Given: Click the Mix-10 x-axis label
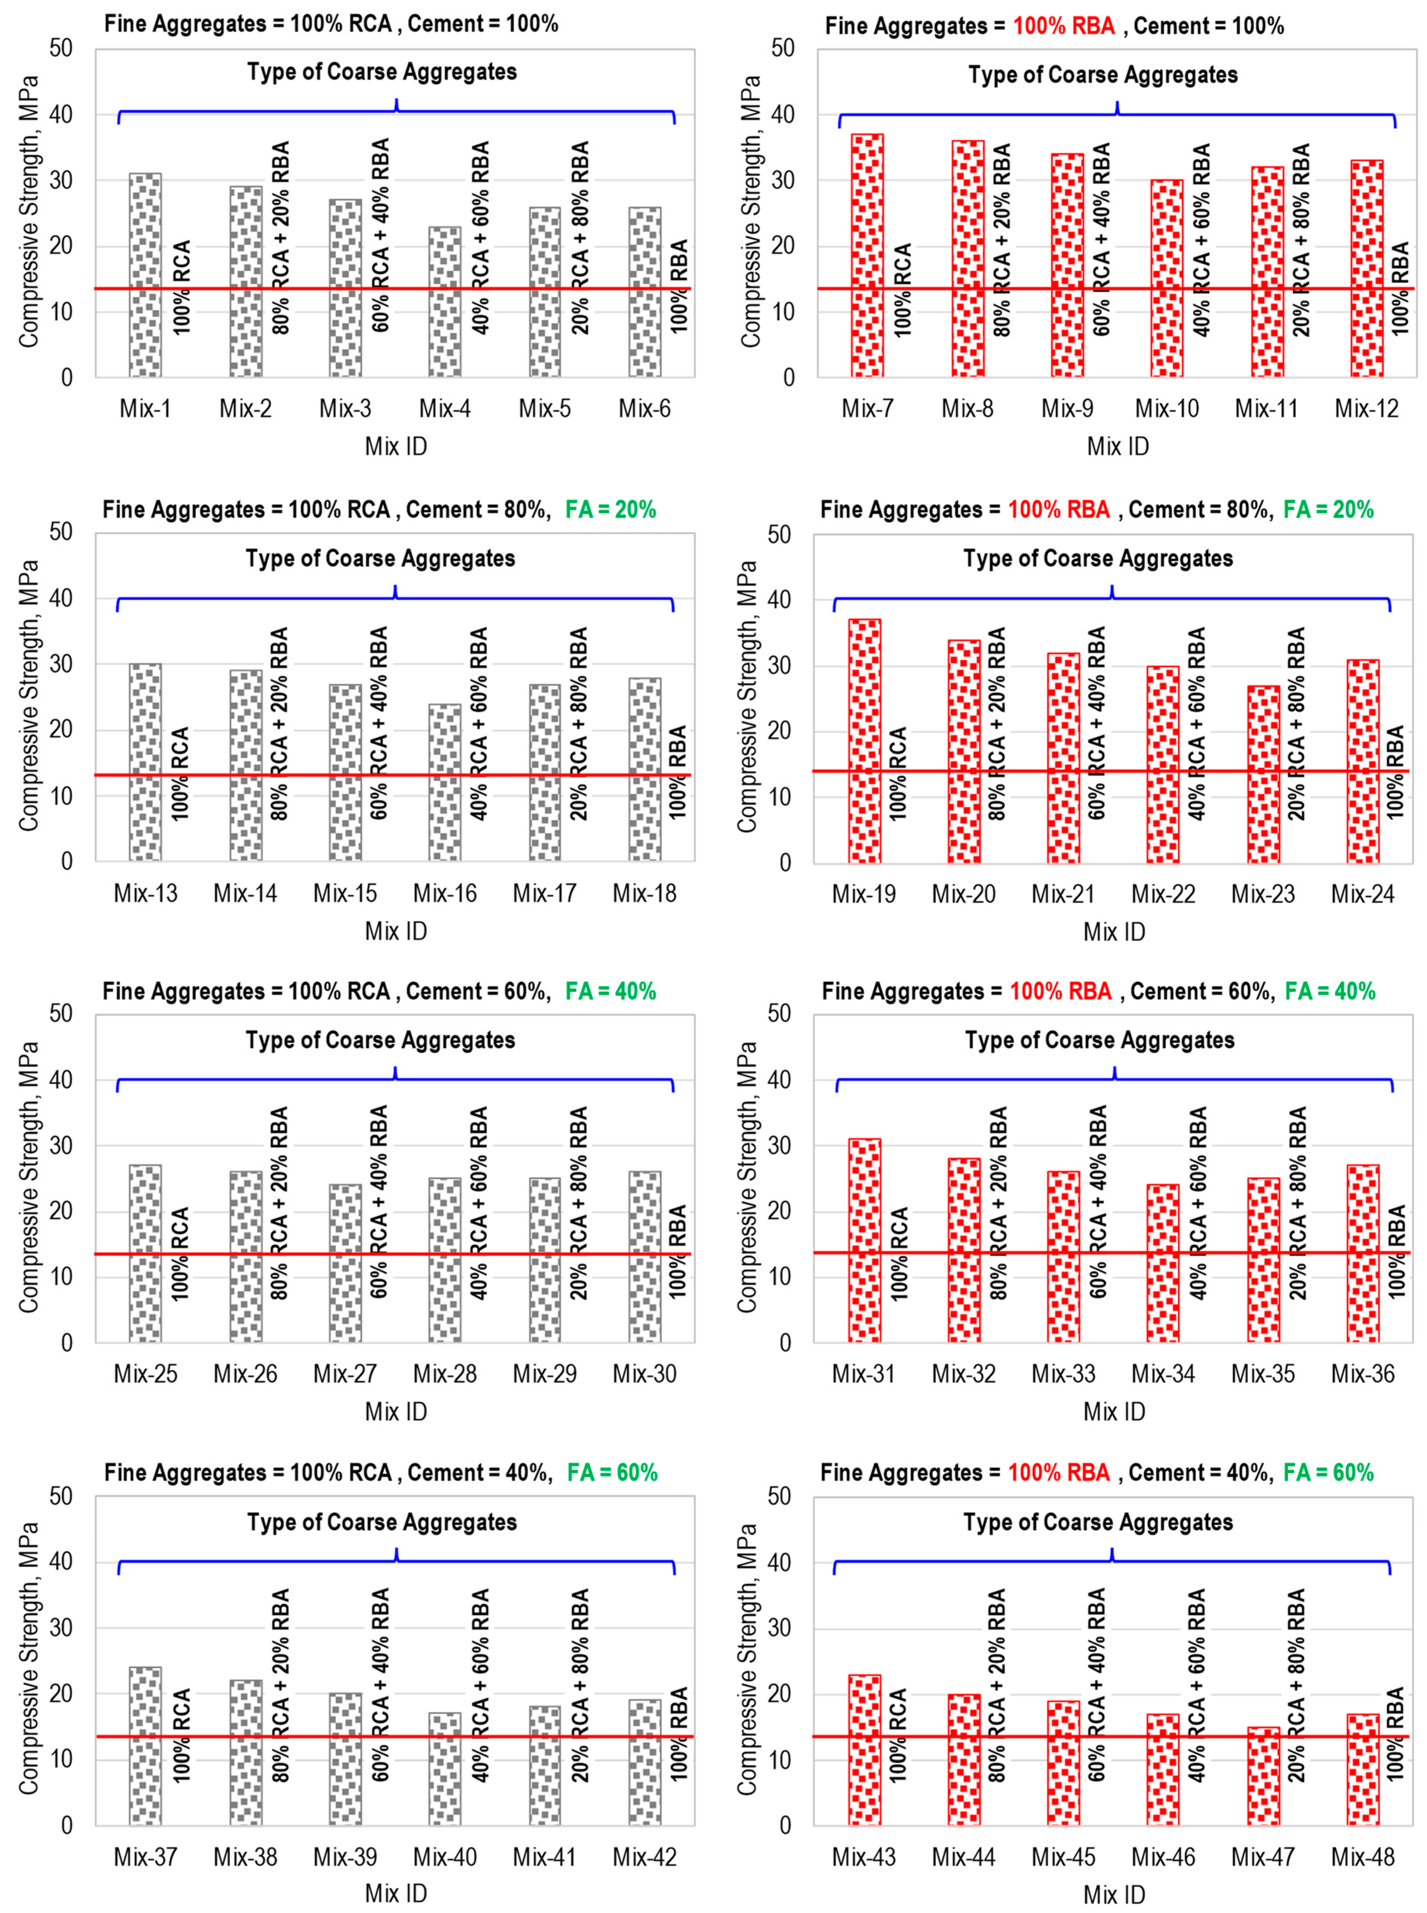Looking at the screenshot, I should [x=1167, y=409].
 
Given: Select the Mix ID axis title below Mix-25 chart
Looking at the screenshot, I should [x=395, y=1411].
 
